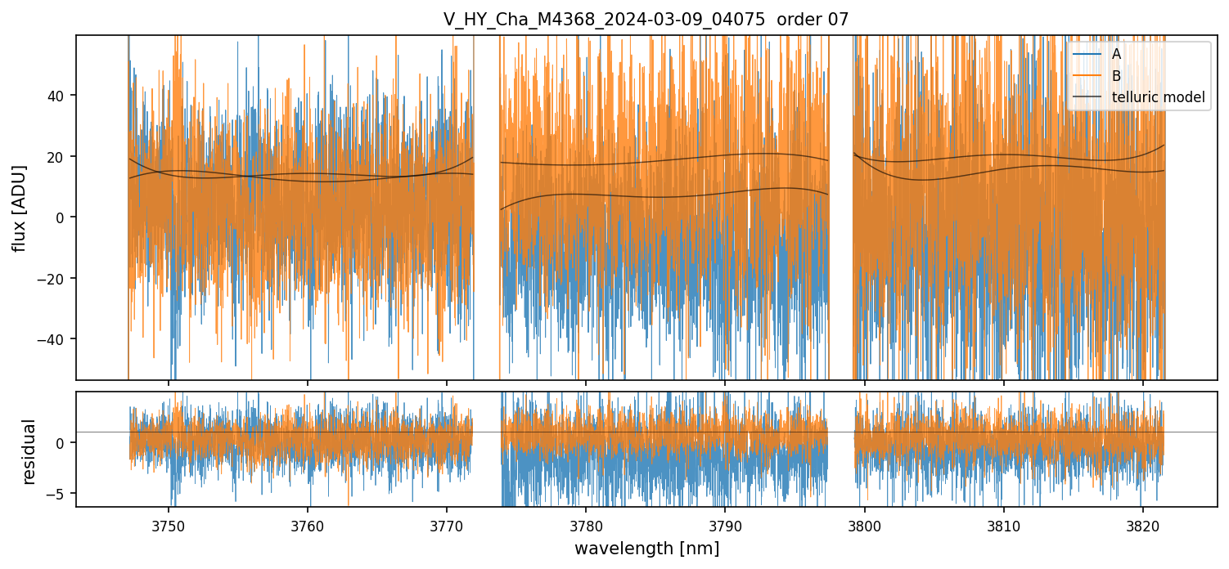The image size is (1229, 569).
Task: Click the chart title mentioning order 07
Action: tap(646, 20)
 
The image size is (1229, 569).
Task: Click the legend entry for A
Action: tap(1116, 54)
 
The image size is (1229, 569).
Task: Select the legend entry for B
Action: tap(1116, 76)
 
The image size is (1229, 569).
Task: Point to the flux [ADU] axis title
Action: tap(20, 208)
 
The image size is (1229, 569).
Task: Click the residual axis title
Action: tap(29, 451)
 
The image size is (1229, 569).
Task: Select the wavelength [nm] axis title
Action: tap(646, 549)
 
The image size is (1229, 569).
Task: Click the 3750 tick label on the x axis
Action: tap(169, 525)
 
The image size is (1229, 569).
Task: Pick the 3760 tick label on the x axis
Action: tap(308, 525)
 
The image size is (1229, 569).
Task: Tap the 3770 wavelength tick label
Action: tap(447, 525)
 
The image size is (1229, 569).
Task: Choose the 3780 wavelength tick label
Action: tap(586, 525)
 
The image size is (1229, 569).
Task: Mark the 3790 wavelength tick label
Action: tap(726, 525)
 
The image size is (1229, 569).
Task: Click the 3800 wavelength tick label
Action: tap(865, 525)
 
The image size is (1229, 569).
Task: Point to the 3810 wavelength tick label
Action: tap(1004, 525)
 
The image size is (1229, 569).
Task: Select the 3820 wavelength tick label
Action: tap(1143, 525)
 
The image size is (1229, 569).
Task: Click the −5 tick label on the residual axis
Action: tap(58, 494)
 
